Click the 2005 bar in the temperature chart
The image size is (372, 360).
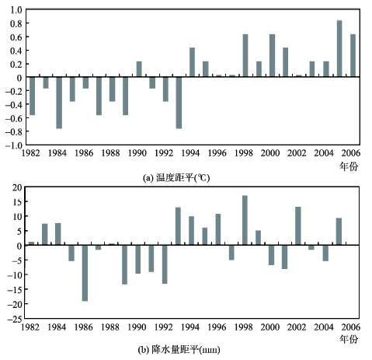pyautogui.click(x=339, y=48)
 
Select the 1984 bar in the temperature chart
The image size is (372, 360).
pyautogui.click(x=59, y=103)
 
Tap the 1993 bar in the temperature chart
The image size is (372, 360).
pyautogui.click(x=179, y=103)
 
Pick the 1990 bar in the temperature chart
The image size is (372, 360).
pyautogui.click(x=139, y=69)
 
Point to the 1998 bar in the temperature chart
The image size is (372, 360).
pyautogui.click(x=245, y=55)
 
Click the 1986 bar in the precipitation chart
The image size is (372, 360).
pyautogui.click(x=85, y=273)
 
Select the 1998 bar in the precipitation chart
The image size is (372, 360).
pyautogui.click(x=245, y=220)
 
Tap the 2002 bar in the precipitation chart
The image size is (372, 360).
pyautogui.click(x=298, y=225)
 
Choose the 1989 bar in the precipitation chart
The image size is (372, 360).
pyautogui.click(x=124, y=264)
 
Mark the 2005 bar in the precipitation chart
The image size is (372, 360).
pyautogui.click(x=339, y=232)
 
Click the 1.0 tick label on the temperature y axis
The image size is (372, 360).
pyautogui.click(x=16, y=10)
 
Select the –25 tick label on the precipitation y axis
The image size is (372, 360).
pyautogui.click(x=15, y=319)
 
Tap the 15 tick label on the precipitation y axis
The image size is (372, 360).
pyautogui.click(x=17, y=201)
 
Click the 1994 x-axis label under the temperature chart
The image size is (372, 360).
pyautogui.click(x=190, y=153)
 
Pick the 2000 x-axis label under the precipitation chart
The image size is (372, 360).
pyautogui.click(x=270, y=327)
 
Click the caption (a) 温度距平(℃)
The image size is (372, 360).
pyautogui.click(x=176, y=178)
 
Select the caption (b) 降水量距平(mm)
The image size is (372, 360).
pyautogui.click(x=179, y=350)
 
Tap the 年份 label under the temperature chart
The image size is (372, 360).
pyautogui.click(x=349, y=166)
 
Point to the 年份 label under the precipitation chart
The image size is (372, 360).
pyautogui.click(x=349, y=339)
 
